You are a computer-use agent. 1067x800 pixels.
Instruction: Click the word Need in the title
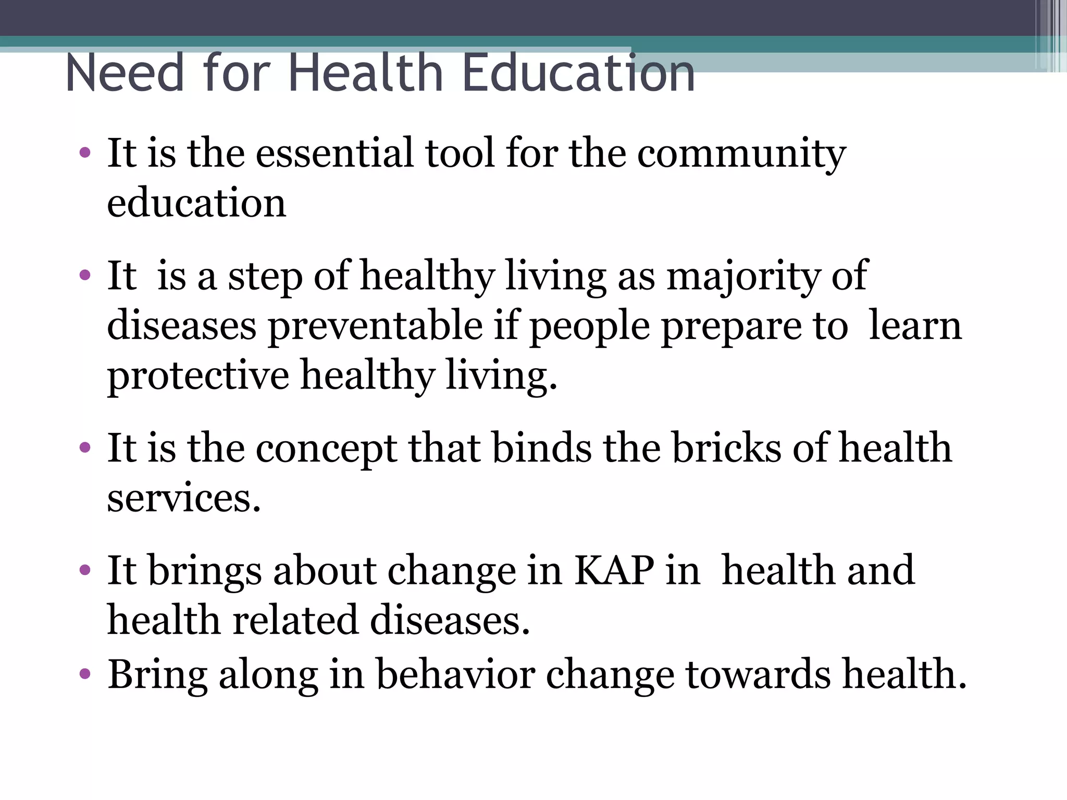point(125,73)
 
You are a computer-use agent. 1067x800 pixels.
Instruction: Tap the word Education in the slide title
point(578,73)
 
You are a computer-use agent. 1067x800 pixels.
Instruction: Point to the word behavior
point(455,675)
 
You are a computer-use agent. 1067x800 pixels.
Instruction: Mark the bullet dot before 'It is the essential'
point(85,154)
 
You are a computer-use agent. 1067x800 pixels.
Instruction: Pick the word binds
point(542,448)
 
